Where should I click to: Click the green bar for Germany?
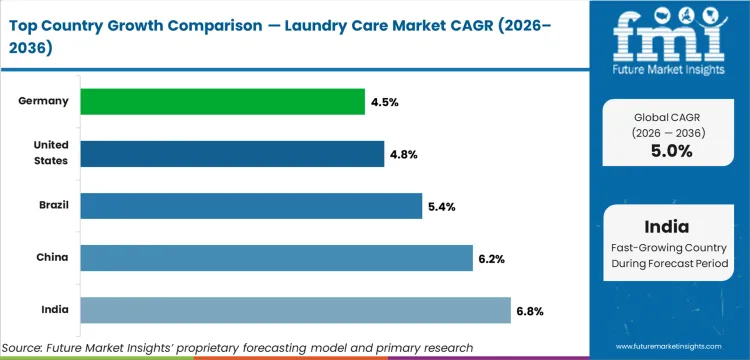pyautogui.click(x=222, y=101)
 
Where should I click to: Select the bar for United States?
pyautogui.click(x=232, y=153)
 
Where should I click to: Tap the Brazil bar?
pyautogui.click(x=251, y=205)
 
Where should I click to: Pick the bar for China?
pyautogui.click(x=276, y=257)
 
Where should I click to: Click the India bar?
pyautogui.click(x=295, y=310)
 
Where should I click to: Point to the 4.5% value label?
pyautogui.click(x=384, y=101)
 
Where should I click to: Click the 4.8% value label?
pyautogui.click(x=404, y=153)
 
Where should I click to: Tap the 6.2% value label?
pyautogui.click(x=491, y=258)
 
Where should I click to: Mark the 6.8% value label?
pyautogui.click(x=530, y=310)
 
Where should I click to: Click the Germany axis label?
pyautogui.click(x=44, y=101)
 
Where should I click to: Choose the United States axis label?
pyautogui.click(x=49, y=153)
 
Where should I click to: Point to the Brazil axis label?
pyautogui.click(x=52, y=205)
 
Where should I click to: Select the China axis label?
pyautogui.click(x=52, y=257)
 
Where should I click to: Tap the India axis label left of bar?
pyautogui.click(x=54, y=310)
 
